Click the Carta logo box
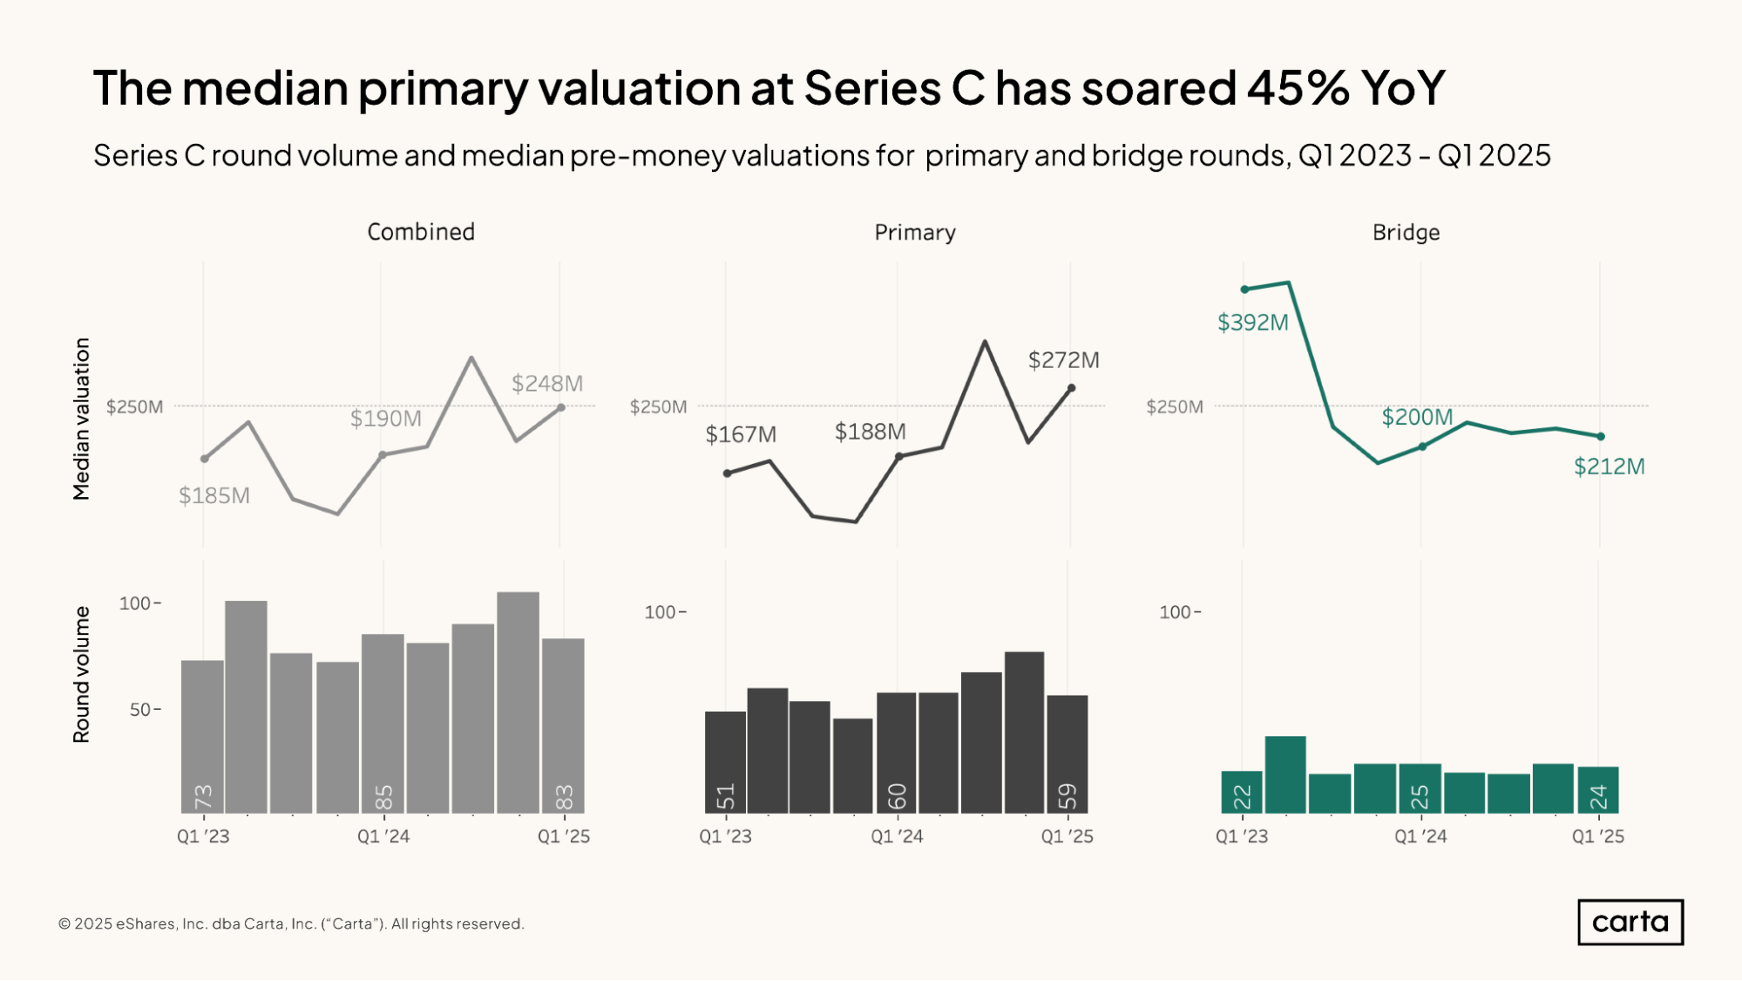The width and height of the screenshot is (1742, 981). point(1630,922)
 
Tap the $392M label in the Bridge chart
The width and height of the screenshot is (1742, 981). point(1252,323)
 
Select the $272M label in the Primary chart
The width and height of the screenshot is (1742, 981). point(1063,360)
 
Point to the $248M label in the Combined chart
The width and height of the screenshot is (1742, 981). point(546,384)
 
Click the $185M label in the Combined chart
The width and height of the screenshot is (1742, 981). point(214,496)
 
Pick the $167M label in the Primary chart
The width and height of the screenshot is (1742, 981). point(740,434)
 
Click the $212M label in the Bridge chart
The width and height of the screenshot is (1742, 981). point(1609,467)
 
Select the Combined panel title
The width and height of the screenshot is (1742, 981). point(421,232)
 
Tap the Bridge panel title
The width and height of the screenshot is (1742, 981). point(1406,233)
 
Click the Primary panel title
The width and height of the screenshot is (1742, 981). point(915,233)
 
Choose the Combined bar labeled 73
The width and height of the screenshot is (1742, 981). point(202,737)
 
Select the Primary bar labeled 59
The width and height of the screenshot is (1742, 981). point(1068,754)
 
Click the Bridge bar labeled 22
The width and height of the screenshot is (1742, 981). point(1242,792)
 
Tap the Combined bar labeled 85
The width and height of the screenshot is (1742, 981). point(383,724)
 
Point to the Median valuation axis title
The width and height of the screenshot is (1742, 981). point(81,419)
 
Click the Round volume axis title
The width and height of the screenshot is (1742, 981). point(81,674)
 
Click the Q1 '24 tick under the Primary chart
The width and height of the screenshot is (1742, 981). point(897,836)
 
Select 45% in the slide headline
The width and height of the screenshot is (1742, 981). point(1298,88)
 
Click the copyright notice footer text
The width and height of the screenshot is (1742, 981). point(291,923)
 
